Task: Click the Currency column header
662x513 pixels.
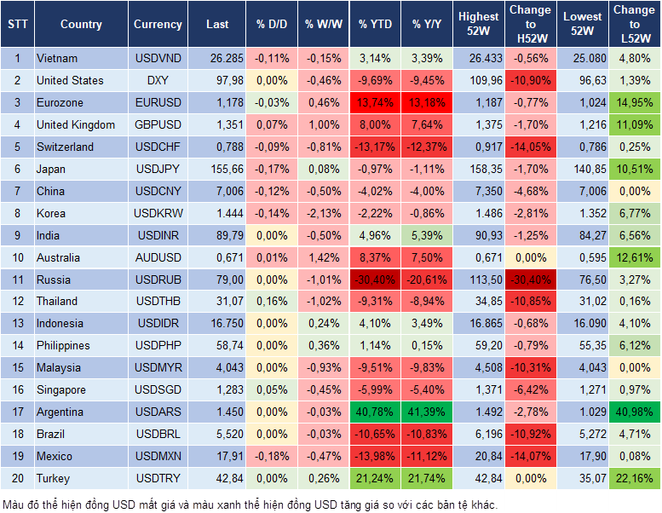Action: point(158,25)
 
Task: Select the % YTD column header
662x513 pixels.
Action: point(375,25)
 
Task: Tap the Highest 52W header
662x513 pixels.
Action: point(478,25)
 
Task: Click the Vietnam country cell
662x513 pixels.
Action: point(57,59)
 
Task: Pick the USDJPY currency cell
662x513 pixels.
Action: point(158,169)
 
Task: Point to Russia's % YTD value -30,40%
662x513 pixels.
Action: point(375,280)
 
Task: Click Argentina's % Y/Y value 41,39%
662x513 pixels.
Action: point(428,412)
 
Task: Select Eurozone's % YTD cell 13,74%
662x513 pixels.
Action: point(375,103)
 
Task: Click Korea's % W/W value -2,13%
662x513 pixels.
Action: point(323,213)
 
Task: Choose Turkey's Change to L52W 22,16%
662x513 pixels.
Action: point(635,478)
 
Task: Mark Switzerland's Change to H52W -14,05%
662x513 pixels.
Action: point(530,147)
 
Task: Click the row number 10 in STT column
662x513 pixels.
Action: point(17,257)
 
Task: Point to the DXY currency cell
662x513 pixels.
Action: point(158,81)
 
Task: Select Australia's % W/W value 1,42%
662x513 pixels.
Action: point(323,257)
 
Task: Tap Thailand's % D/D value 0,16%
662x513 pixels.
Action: point(272,301)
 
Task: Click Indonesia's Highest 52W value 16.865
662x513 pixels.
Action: point(478,323)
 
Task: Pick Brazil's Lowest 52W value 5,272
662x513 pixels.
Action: point(582,434)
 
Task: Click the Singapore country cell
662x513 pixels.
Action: point(60,389)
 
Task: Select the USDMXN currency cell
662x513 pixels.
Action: point(158,456)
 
